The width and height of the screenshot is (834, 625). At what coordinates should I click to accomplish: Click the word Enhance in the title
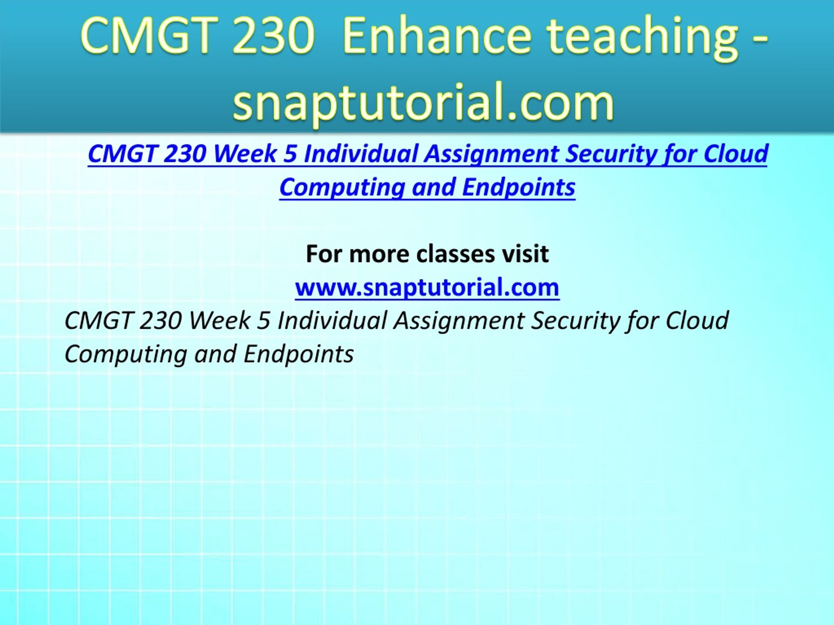(x=437, y=36)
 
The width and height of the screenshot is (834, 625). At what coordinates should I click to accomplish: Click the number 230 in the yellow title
(x=273, y=36)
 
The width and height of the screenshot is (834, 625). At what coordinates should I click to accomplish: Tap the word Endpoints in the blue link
(x=519, y=187)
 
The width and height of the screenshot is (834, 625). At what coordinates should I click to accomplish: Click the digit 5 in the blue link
(x=290, y=153)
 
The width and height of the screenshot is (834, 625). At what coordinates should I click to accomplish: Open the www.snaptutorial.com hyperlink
(x=427, y=287)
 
